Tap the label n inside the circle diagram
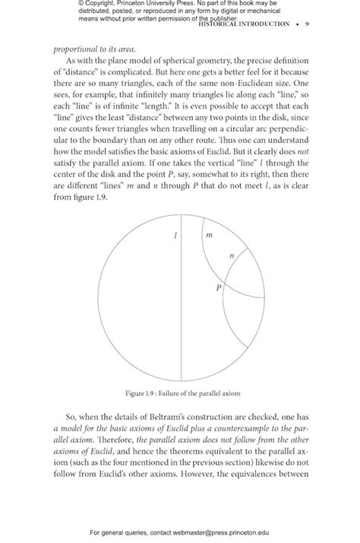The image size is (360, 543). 232,258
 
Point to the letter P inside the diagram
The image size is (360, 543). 219,289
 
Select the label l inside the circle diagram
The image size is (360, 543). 175,236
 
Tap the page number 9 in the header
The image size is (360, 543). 306,24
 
